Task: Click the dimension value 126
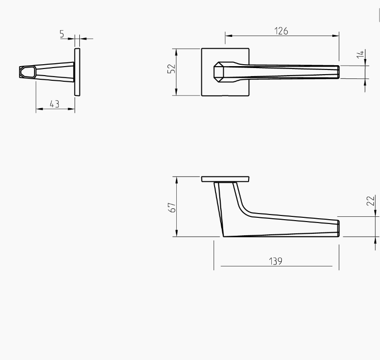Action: pos(281,31)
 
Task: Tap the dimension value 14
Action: pos(361,54)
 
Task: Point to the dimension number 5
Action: pos(62,34)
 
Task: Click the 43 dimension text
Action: pos(54,104)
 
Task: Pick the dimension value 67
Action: pos(172,207)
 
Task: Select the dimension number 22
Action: pos(371,200)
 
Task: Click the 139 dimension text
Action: pos(276,261)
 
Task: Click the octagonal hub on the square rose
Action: pos(222,72)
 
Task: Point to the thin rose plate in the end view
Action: pos(77,72)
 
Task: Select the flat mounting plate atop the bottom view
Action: pos(225,179)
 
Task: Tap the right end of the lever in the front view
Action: pos(337,72)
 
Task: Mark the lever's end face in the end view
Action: pos(27,72)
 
